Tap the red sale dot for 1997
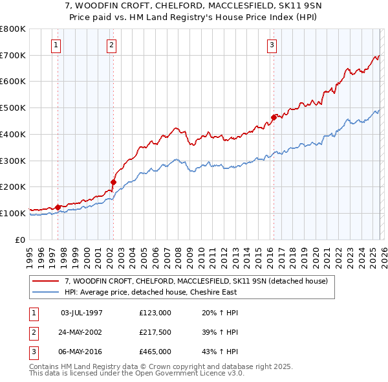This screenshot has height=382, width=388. pyautogui.click(x=58, y=207)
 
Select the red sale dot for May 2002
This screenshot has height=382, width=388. pyautogui.click(x=113, y=182)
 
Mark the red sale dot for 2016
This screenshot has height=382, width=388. pyautogui.click(x=274, y=117)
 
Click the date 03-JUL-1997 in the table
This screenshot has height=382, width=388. pyautogui.click(x=81, y=313)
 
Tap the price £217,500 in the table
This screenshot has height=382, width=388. pyautogui.click(x=155, y=332)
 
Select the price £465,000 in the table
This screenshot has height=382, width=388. pyautogui.click(x=155, y=352)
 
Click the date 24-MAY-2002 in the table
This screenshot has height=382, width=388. pyautogui.click(x=81, y=332)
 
